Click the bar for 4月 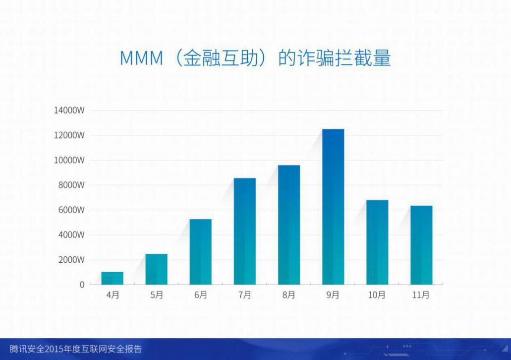pos(112,278)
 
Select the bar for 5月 pos(157,269)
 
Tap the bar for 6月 pos(200,252)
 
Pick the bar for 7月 pos(245,231)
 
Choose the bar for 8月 pos(289,225)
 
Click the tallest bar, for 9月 pos(333,207)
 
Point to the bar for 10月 pos(377,242)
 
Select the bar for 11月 pos(421,245)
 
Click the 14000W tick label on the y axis pos(69,110)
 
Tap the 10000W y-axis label pos(69,160)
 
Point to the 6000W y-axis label pos(71,210)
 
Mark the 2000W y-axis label pos(71,260)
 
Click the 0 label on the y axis pos(82,285)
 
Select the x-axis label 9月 pos(333,295)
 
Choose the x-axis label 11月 pos(421,295)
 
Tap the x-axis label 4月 pos(113,295)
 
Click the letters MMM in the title pos(141,58)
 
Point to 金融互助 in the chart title pos(221,58)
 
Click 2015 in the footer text pos(54,349)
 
